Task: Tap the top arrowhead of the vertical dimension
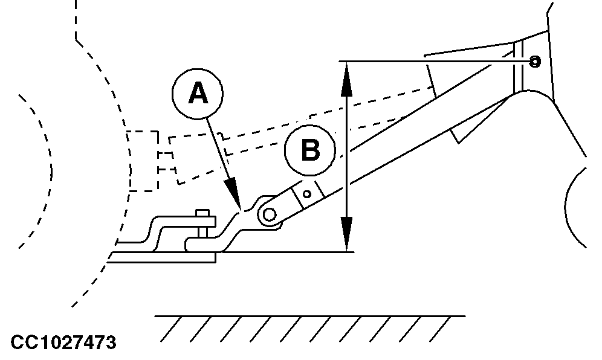[345, 79]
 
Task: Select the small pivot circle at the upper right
[534, 61]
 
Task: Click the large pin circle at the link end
[268, 213]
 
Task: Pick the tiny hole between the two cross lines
[307, 194]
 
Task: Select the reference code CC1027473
[59, 344]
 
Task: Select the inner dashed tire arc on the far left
[42, 169]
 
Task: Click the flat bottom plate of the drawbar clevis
[163, 258]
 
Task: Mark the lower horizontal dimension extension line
[284, 252]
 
